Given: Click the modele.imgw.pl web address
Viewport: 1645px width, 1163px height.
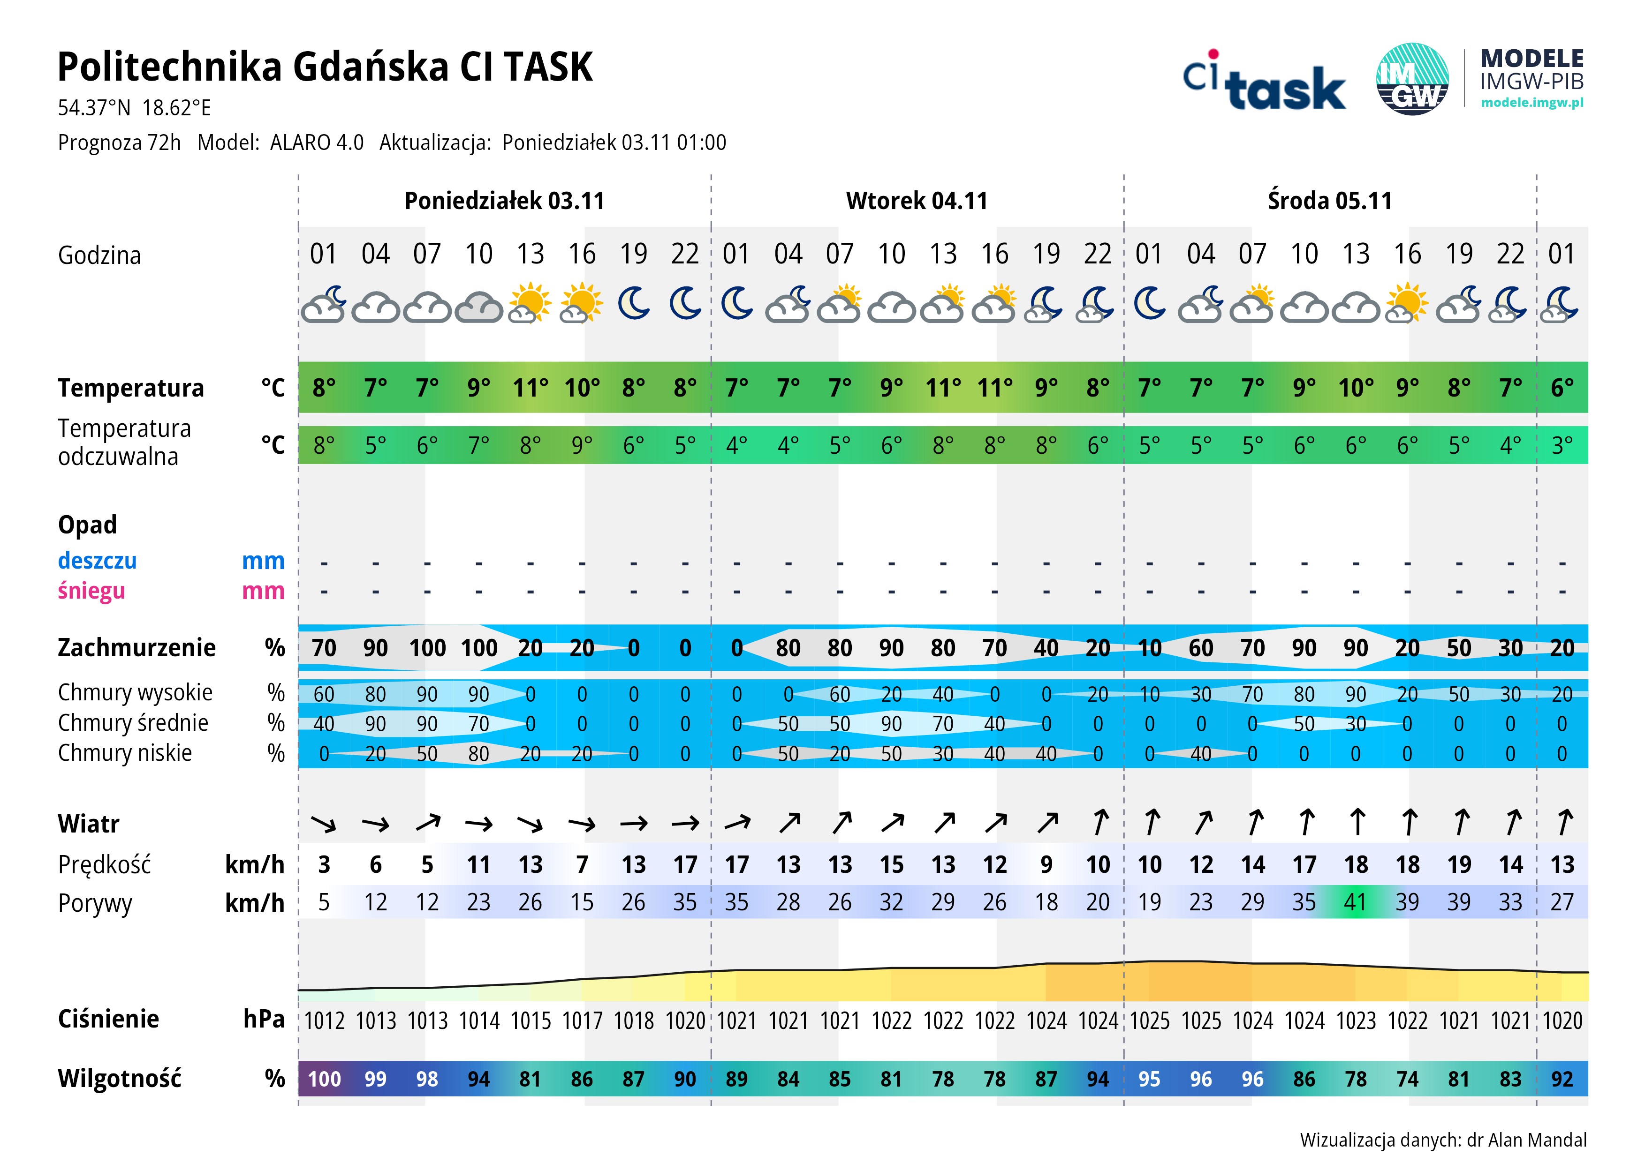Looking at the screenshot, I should coord(1532,102).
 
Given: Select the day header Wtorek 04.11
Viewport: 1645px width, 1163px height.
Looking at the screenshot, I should coord(917,201).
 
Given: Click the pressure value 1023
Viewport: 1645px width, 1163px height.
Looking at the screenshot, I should coord(1356,1020).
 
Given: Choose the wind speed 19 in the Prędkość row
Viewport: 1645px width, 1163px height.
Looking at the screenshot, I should coord(1459,864).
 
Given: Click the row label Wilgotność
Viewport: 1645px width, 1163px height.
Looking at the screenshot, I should coord(120,1079).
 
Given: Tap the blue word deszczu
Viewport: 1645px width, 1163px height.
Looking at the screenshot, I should coord(98,560).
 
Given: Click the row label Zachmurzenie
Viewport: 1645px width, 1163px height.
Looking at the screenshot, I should coord(136,647).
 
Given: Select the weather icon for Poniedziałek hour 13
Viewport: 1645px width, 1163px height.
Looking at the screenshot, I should coord(530,304).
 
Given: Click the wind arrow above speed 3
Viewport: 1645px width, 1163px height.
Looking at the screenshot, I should coord(324,824).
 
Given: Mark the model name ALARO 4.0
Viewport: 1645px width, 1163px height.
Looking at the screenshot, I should coord(317,143).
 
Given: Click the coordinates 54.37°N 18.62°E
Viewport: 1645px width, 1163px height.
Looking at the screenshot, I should coord(135,108).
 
